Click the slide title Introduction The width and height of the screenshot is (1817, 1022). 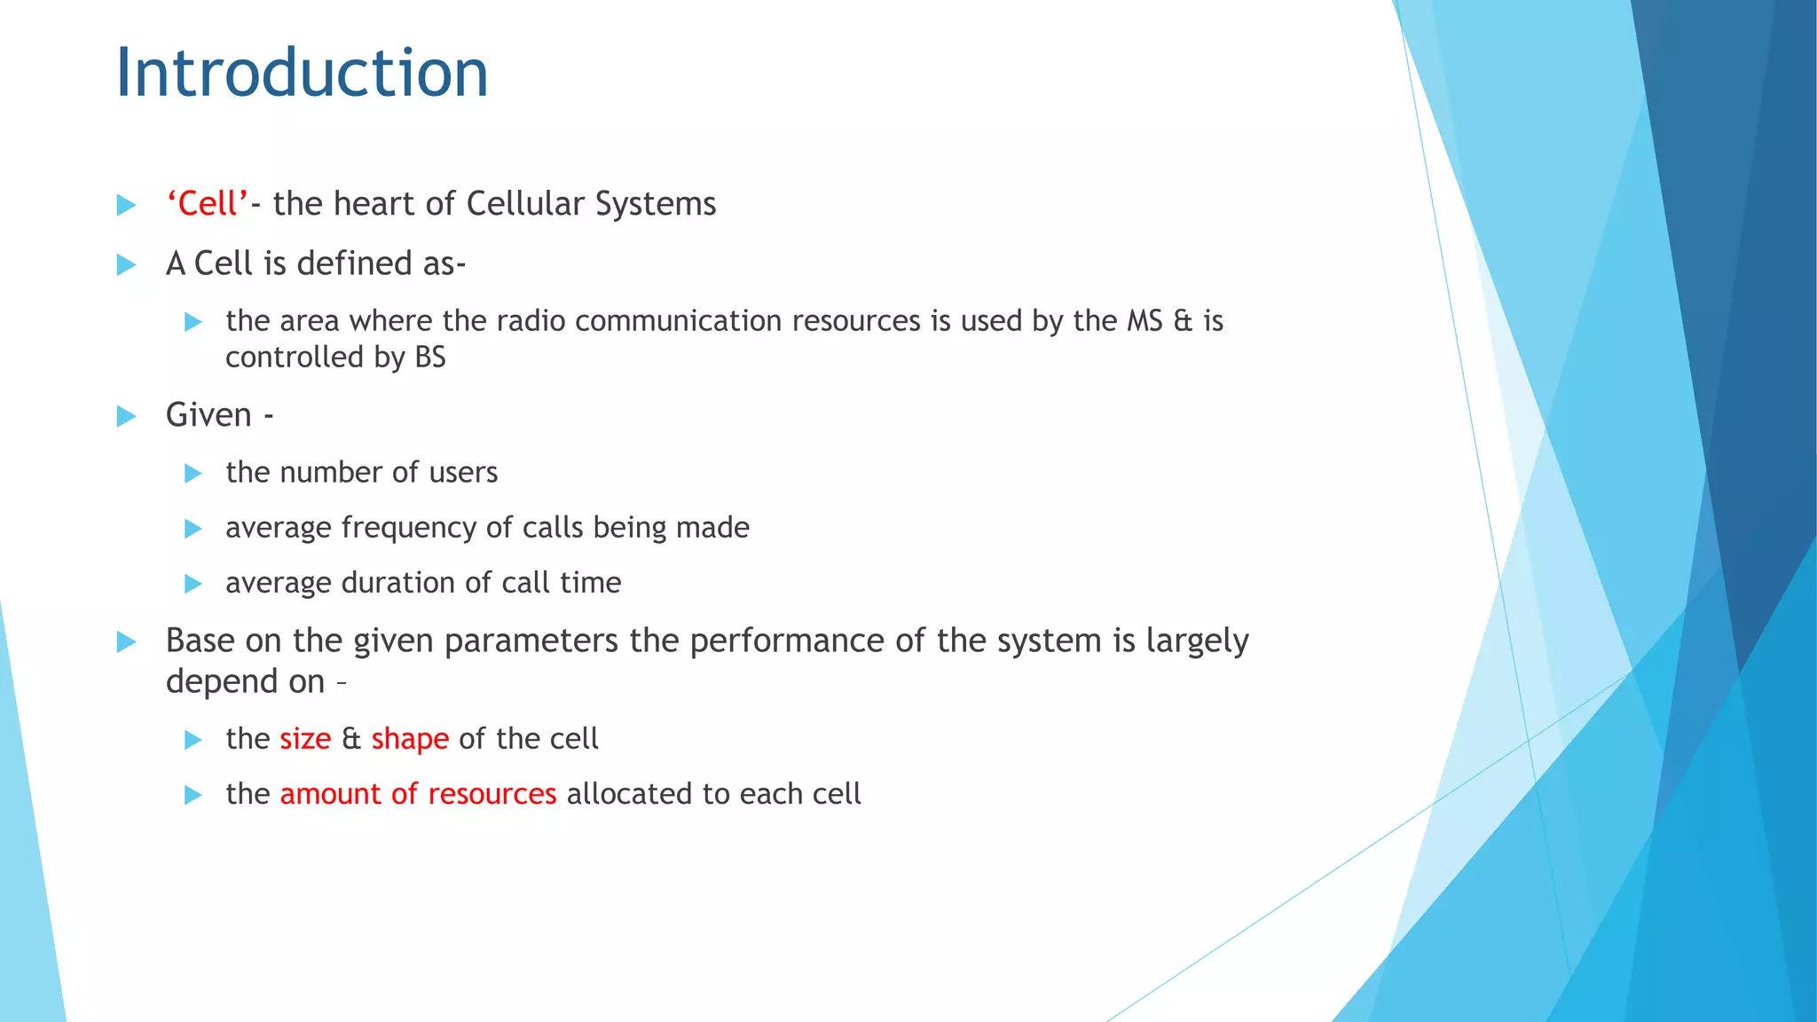pyautogui.click(x=302, y=73)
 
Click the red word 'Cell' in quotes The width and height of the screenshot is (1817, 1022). pyautogui.click(x=208, y=204)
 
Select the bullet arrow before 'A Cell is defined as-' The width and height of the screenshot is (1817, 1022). pyautogui.click(x=127, y=264)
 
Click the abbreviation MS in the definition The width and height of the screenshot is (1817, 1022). pyautogui.click(x=1144, y=321)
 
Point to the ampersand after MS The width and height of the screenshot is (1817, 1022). pyautogui.click(x=1183, y=321)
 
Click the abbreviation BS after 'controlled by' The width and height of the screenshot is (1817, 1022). pyautogui.click(x=430, y=358)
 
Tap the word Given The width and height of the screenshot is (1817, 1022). pyautogui.click(x=208, y=415)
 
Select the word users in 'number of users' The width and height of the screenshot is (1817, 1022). pyautogui.click(x=463, y=473)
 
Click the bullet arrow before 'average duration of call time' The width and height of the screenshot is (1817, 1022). pyautogui.click(x=193, y=584)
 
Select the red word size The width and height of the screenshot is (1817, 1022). pyautogui.click(x=305, y=739)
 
